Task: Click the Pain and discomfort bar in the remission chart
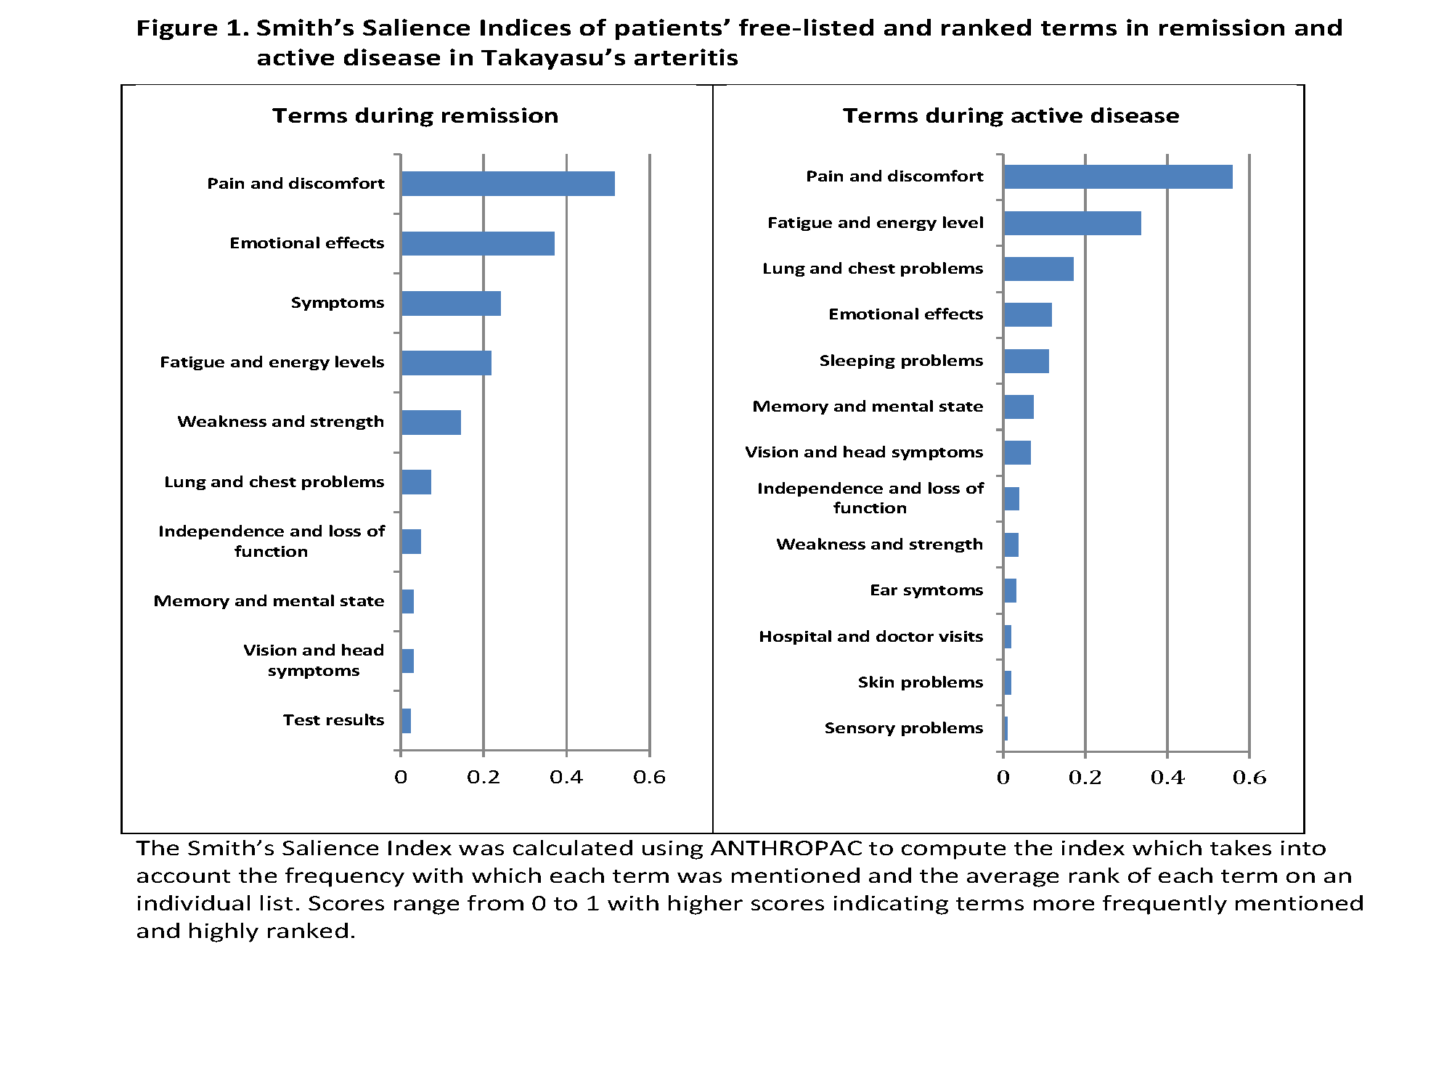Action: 507,184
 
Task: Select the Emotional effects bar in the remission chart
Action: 477,243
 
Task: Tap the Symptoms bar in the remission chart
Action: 450,303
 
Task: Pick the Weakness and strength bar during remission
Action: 431,423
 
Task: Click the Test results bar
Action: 406,721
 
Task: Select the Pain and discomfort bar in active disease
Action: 1117,177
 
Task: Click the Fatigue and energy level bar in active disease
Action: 1072,224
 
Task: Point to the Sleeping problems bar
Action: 1026,361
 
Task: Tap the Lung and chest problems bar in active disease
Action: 1038,269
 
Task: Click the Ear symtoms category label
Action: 926,590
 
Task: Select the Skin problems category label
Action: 920,682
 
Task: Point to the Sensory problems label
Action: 903,728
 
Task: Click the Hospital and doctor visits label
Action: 870,637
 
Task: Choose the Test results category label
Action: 333,720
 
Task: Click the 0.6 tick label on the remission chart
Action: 649,778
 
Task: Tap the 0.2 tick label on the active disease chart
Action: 1085,778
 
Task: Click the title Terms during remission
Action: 415,115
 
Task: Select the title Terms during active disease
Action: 1011,115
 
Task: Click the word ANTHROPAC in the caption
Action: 786,848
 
